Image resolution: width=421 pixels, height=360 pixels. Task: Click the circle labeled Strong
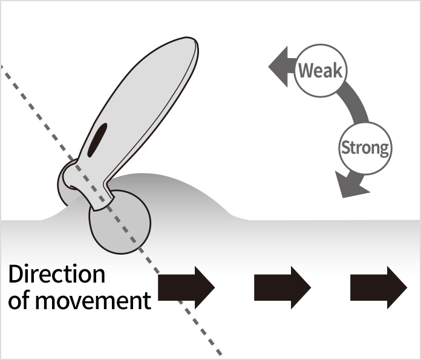[x=364, y=147]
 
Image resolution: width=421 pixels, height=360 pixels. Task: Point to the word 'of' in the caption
[x=19, y=300]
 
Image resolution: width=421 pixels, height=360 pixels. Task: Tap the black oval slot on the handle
[x=97, y=139]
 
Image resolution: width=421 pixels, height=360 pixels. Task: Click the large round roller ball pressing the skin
[x=120, y=219]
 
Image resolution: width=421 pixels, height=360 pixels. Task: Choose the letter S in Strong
[x=346, y=148]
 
